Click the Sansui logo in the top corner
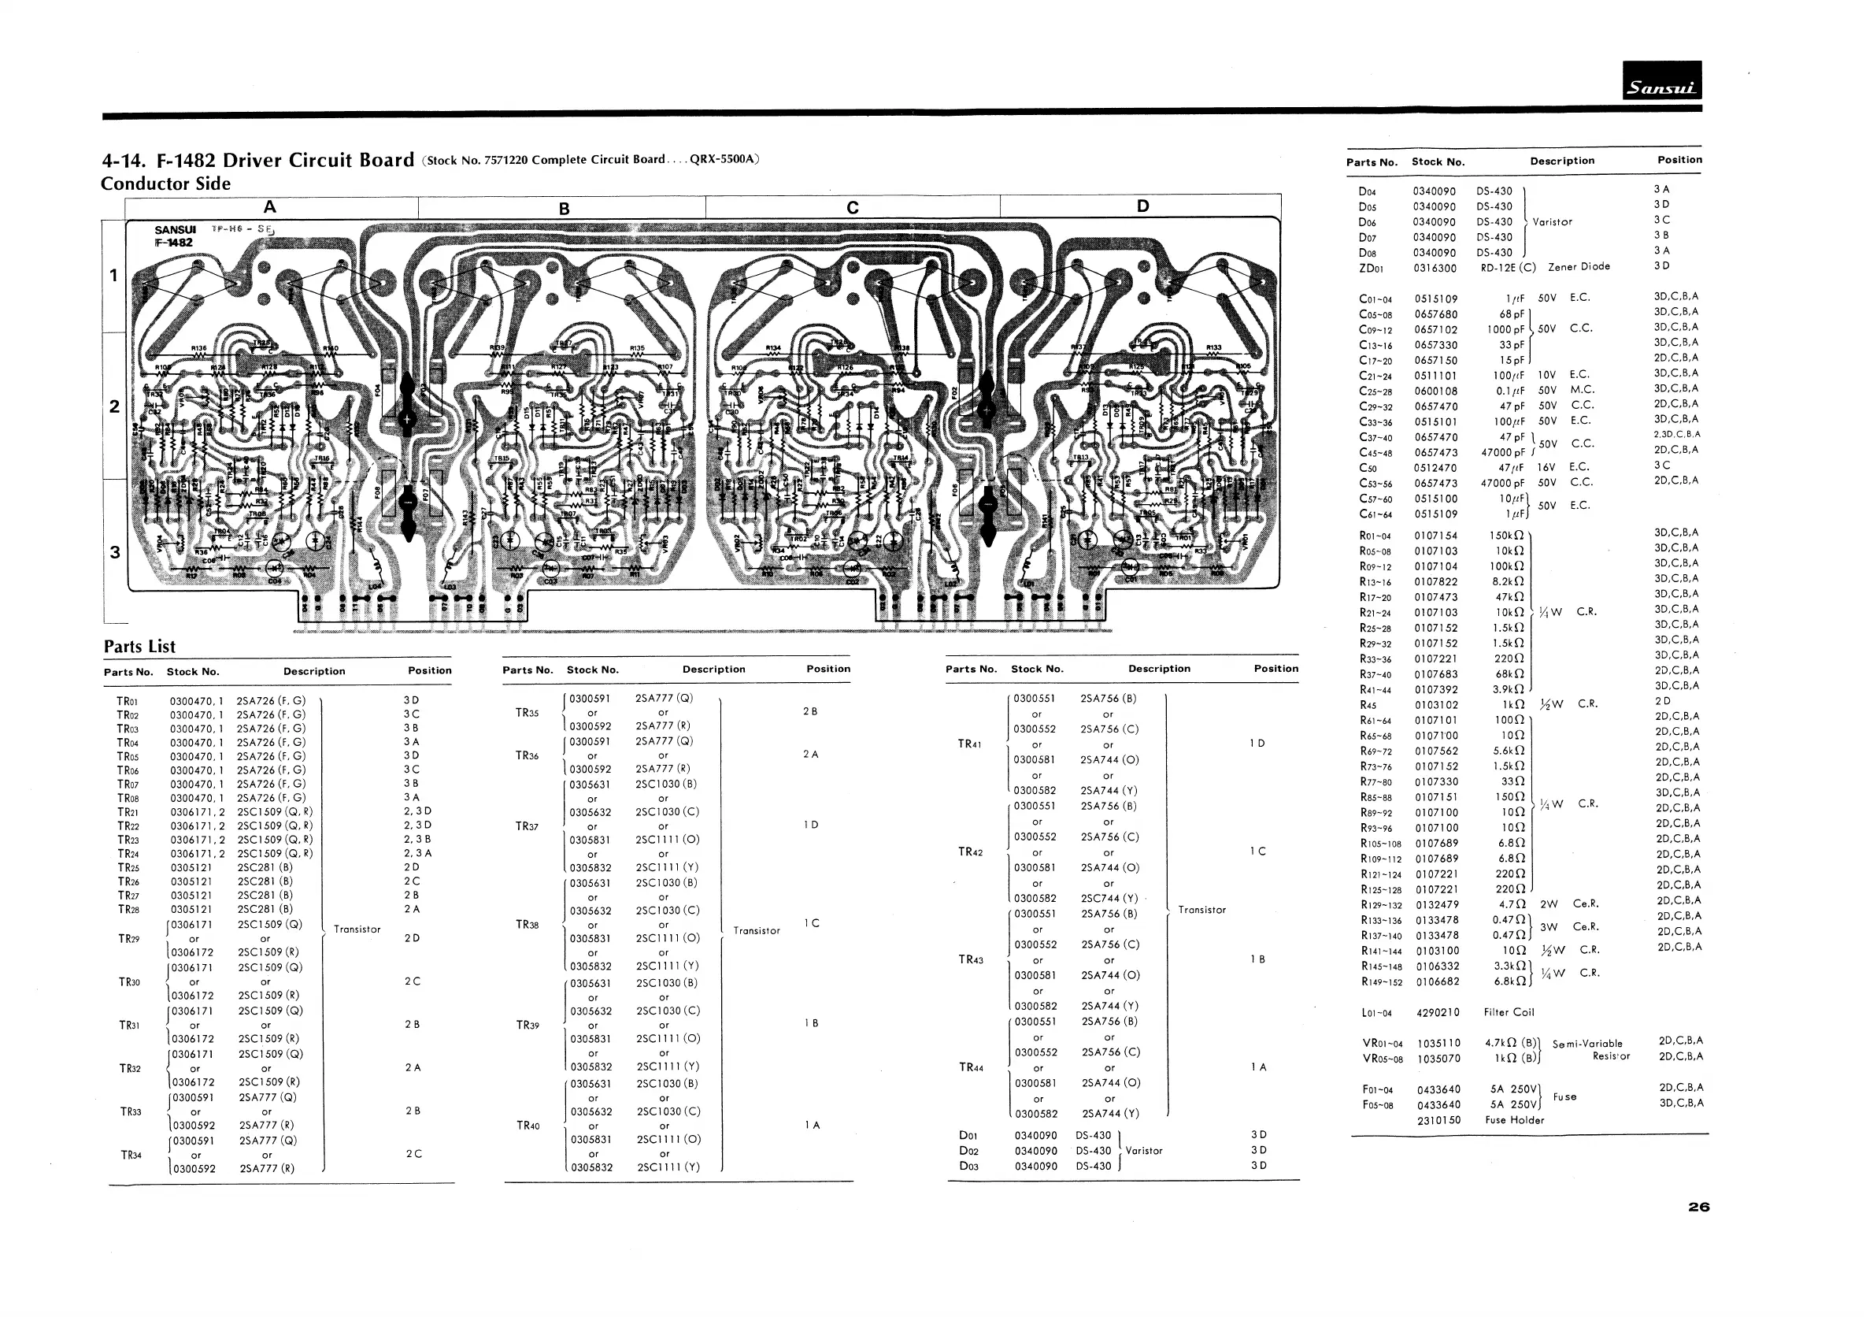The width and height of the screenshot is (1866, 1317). tap(1661, 81)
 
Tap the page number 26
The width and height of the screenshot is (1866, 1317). tap(1698, 1208)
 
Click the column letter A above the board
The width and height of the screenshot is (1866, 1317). tap(271, 206)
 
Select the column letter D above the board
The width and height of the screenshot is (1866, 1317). tap(1142, 206)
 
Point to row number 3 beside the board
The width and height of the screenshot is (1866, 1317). tap(115, 553)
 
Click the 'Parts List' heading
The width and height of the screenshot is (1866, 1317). tap(139, 647)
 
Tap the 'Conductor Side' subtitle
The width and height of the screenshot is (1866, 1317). tap(165, 184)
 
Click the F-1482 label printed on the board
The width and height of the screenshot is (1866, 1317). tap(173, 243)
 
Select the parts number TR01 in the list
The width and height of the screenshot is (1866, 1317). tap(128, 701)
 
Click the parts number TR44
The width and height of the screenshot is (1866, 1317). tap(972, 1067)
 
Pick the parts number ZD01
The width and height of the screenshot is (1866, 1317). tap(1371, 269)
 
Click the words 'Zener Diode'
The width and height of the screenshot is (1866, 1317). tap(1579, 267)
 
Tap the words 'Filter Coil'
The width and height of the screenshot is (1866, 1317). tap(1510, 1012)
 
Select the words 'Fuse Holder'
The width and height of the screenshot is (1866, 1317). tap(1514, 1120)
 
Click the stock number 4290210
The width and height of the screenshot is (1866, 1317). tap(1438, 1013)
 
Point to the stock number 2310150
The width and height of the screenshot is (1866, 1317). tap(1438, 1120)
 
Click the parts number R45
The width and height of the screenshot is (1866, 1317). tap(1368, 705)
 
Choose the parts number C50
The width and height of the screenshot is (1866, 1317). tap(1368, 468)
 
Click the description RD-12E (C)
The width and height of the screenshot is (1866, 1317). tap(1508, 269)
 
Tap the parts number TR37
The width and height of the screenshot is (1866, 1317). tap(528, 826)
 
